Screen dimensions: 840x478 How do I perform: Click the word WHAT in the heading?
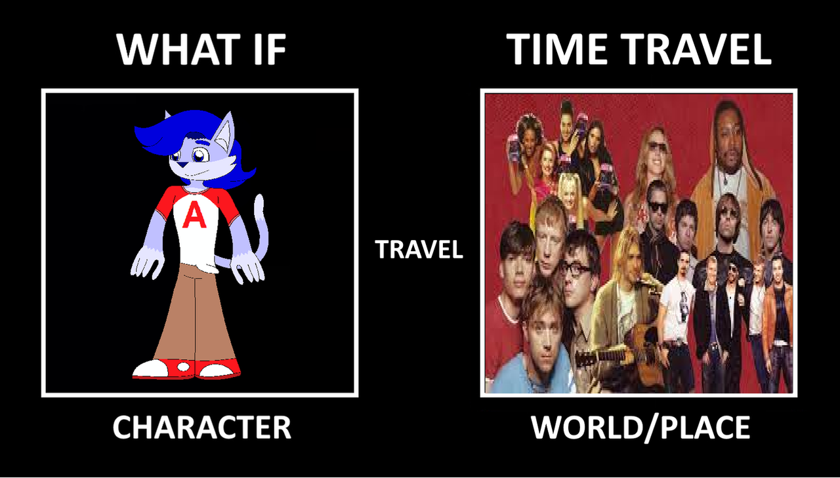tap(178, 49)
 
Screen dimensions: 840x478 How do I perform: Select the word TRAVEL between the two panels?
tap(419, 249)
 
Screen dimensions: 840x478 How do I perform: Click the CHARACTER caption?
tap(201, 428)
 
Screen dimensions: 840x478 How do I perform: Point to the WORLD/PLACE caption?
tap(640, 428)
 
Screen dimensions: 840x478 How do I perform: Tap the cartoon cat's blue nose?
tap(182, 165)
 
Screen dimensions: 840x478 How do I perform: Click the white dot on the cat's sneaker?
tap(183, 367)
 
